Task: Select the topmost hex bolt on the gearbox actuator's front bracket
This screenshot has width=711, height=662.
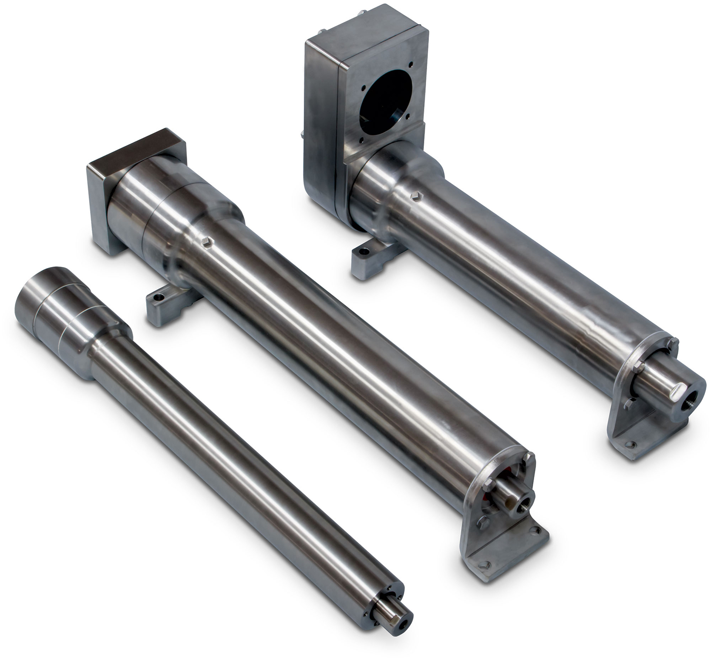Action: [x=672, y=342]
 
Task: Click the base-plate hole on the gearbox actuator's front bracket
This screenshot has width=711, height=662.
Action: [x=630, y=444]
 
